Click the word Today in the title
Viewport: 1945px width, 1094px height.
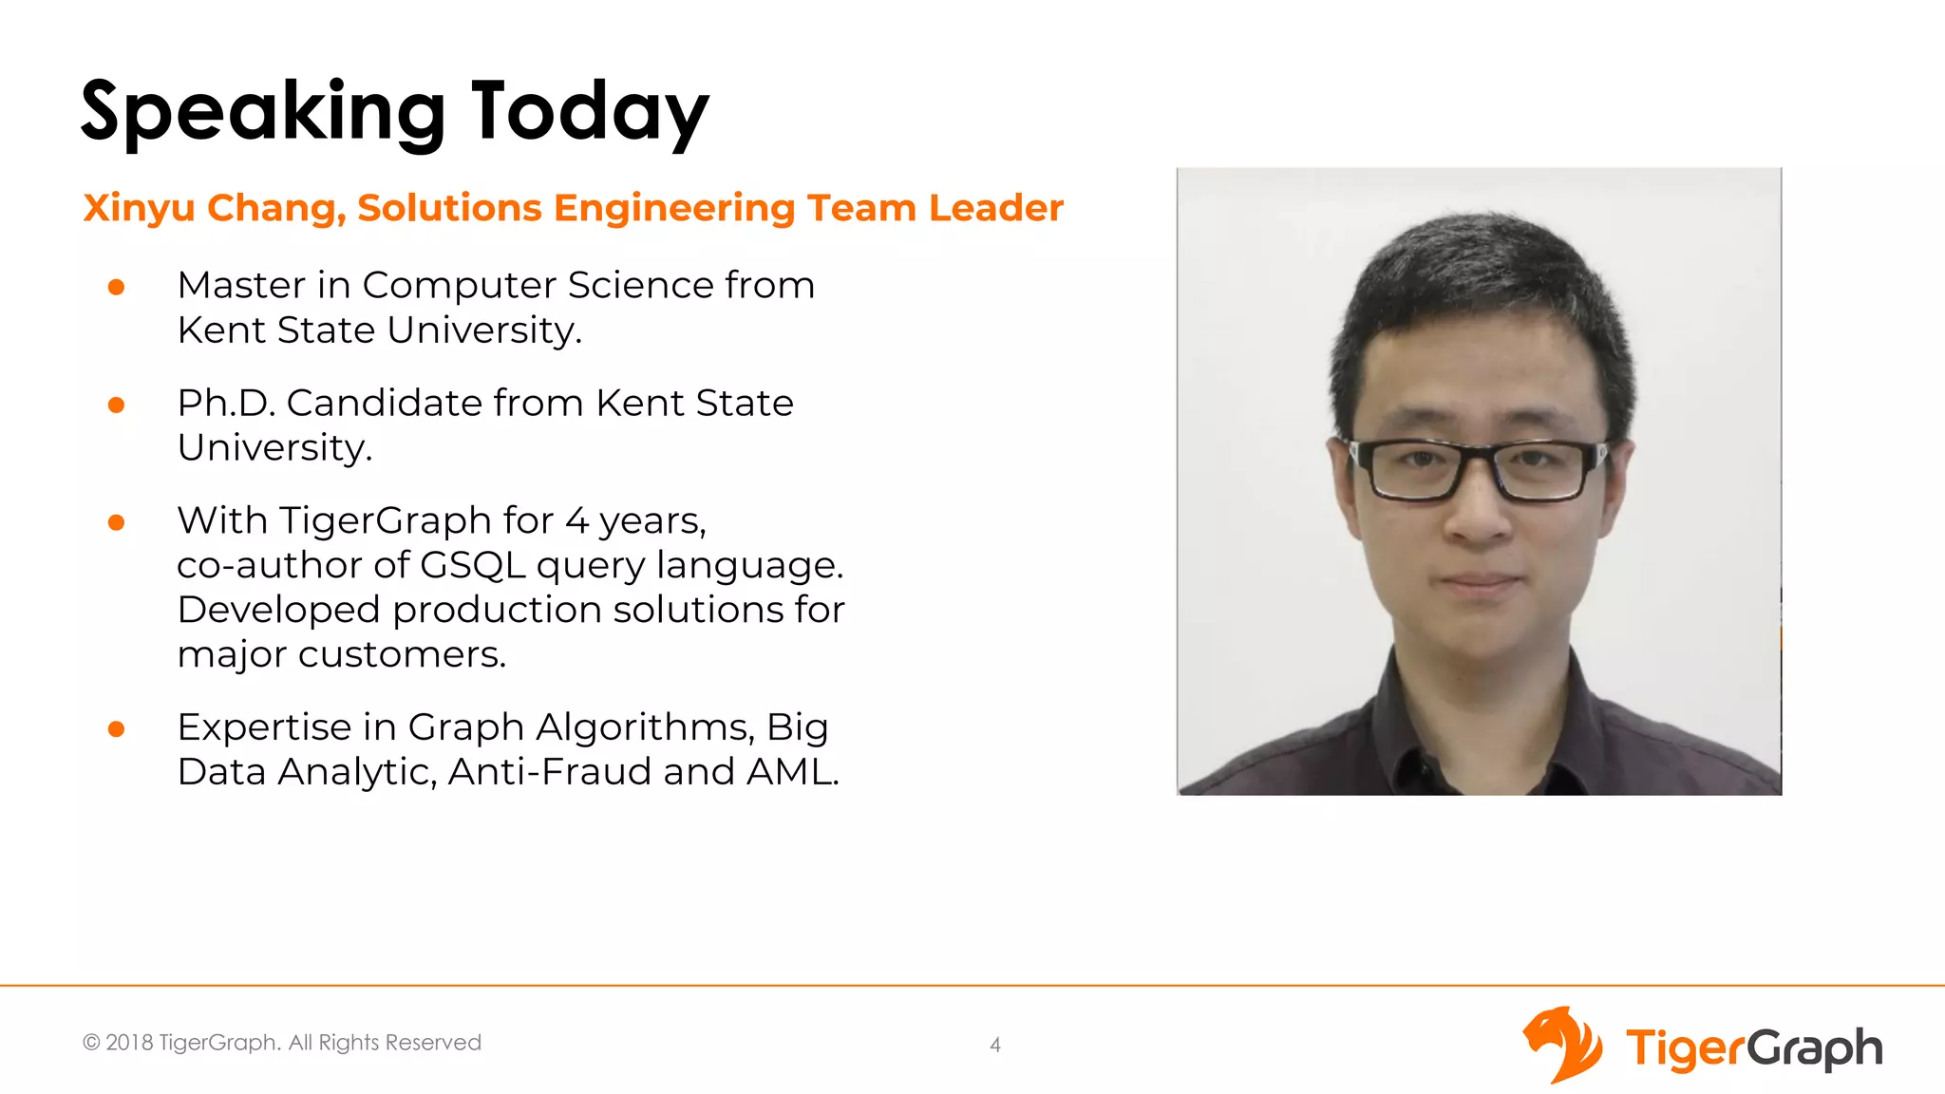[x=590, y=113]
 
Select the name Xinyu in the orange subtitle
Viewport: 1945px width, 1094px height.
[x=139, y=208]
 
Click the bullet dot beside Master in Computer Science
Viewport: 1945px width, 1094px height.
[x=117, y=287]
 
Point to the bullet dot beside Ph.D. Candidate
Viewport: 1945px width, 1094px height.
[x=117, y=406]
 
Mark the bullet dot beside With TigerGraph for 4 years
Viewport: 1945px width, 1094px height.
[x=117, y=522]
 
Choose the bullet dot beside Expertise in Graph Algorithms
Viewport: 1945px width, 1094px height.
[x=117, y=729]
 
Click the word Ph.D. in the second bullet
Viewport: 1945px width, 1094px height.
[x=226, y=403]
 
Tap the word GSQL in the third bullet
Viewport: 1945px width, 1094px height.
[x=472, y=565]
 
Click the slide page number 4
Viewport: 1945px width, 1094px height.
[x=995, y=1045]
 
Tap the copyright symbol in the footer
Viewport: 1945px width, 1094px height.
[x=91, y=1043]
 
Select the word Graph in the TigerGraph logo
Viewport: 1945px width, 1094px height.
[x=1814, y=1048]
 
